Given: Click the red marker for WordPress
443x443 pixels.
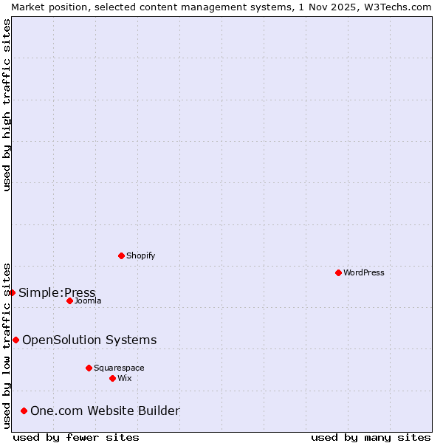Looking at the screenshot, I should tap(338, 272).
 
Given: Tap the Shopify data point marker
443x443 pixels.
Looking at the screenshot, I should tap(121, 255).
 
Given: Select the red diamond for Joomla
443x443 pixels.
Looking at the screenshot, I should tap(69, 301).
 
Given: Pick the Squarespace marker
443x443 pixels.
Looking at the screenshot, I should tap(89, 368).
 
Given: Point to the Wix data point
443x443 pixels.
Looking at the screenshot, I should tap(112, 378).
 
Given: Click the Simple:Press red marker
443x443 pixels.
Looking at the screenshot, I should tap(12, 292).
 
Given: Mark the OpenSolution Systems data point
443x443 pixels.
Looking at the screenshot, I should tap(16, 340).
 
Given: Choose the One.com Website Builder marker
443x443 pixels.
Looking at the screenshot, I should tap(24, 411).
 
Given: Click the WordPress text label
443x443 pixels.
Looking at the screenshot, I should tap(364, 272).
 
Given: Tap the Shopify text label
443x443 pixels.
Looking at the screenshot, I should tap(140, 255).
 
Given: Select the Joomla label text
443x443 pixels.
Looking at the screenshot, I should tap(88, 301).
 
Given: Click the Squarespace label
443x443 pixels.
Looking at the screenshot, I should tap(119, 368).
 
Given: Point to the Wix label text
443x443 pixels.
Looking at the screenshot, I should tap(125, 378).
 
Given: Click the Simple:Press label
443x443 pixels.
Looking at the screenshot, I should tap(57, 292).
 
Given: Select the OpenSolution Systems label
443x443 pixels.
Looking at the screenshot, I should tap(89, 340).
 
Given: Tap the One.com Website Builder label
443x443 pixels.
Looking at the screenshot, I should tap(105, 411).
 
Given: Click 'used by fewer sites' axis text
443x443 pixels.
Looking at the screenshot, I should tap(76, 437).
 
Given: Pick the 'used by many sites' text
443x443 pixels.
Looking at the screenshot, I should tap(371, 437).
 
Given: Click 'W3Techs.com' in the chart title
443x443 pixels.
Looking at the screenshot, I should tap(397, 7).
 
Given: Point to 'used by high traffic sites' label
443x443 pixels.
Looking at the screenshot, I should tap(7, 105).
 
